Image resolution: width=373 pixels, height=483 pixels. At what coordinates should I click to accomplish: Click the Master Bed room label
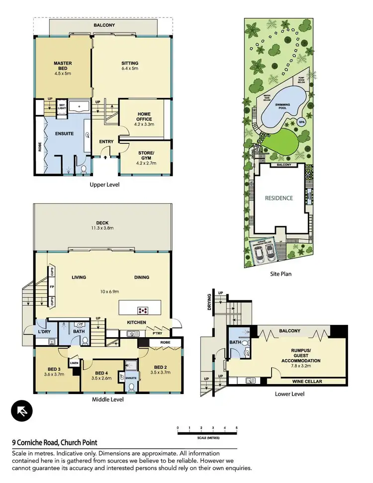tap(63, 66)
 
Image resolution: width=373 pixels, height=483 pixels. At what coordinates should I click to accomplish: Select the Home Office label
tap(144, 117)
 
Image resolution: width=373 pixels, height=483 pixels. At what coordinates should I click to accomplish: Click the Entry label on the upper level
tap(106, 142)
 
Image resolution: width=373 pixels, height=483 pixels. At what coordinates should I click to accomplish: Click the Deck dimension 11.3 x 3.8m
tap(103, 228)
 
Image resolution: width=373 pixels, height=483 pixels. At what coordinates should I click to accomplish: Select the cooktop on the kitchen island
tap(143, 310)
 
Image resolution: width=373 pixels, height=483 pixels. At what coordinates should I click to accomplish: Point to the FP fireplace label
tap(51, 287)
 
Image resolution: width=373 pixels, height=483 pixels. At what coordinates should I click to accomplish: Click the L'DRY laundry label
tap(44, 332)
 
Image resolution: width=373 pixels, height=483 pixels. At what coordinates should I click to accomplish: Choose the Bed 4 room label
tap(100, 376)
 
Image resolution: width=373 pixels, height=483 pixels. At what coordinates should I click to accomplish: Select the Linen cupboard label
tap(74, 363)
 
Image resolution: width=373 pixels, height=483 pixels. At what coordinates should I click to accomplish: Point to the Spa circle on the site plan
tap(301, 122)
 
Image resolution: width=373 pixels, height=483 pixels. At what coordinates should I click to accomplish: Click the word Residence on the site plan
tap(279, 197)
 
